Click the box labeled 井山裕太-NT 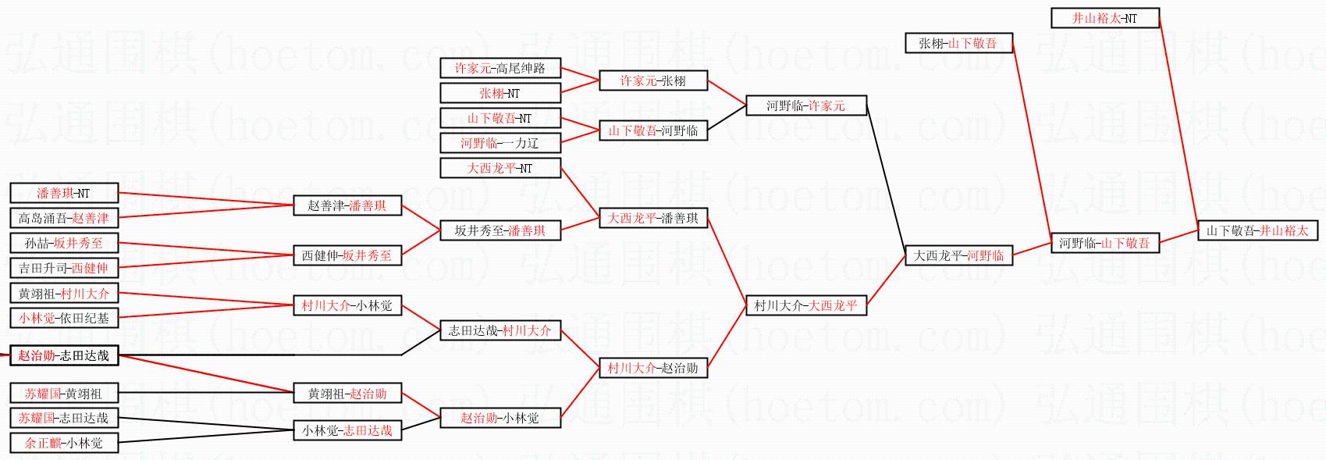(x=1104, y=18)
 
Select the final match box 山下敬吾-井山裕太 (x=1257, y=230)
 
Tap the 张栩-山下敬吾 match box (x=958, y=43)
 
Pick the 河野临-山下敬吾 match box (x=1104, y=243)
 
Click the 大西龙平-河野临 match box (x=958, y=255)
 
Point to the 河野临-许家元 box (x=805, y=105)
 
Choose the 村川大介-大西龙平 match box (x=805, y=305)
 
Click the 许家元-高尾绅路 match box (x=500, y=68)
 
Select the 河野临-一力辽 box (x=500, y=143)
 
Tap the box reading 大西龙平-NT (x=500, y=168)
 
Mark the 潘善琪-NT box (x=64, y=193)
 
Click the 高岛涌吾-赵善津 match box (x=64, y=218)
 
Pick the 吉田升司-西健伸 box (x=64, y=268)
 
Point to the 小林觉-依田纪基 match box (x=64, y=318)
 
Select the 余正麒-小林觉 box (x=64, y=443)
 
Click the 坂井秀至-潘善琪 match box (x=500, y=230)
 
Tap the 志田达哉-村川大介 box (x=500, y=330)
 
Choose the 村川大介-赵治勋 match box (x=652, y=368)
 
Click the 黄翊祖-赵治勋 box (x=347, y=394)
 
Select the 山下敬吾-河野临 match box (x=652, y=130)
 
